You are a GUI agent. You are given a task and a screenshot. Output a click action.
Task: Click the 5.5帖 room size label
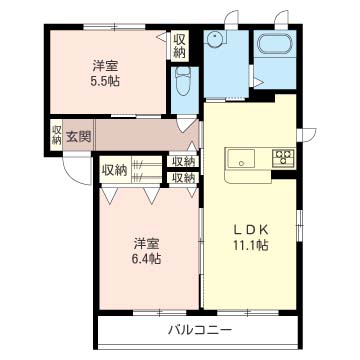pos(105,81)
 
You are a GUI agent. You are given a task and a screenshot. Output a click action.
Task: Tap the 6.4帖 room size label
pos(147,258)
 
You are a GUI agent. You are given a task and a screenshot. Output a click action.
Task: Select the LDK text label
pos(251,229)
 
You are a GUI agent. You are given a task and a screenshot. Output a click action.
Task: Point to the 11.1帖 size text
pos(251,246)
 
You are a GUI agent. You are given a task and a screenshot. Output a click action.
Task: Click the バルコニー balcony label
pos(199,331)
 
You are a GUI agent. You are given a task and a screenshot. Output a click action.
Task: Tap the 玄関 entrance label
pos(78,137)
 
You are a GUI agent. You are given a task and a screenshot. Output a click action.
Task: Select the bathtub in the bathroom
pos(275,43)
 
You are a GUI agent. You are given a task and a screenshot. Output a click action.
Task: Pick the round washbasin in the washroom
pos(215,39)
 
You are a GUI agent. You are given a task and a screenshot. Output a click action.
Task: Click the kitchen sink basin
pos(241,158)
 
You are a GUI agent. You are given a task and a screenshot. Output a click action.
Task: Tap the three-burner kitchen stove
pos(284,157)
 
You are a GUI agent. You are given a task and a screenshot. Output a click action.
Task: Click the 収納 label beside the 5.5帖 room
pos(180,46)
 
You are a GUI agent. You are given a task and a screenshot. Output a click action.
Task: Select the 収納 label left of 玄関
pos(57,135)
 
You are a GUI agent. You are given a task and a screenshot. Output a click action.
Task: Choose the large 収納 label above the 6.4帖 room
pos(115,171)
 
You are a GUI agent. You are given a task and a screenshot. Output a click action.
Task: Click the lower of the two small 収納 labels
pos(183,178)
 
